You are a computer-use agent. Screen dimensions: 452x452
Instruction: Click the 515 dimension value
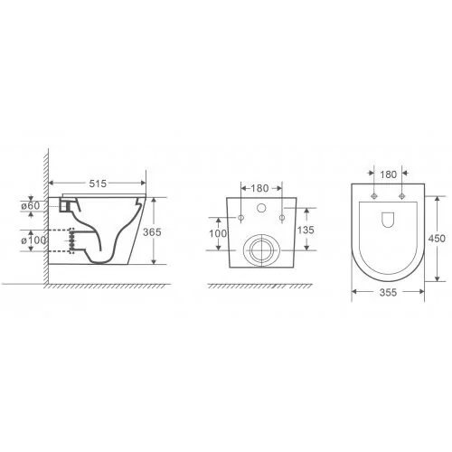98,184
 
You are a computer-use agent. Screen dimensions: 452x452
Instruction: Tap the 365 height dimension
152,232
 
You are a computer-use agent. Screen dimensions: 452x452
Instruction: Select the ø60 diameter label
31,206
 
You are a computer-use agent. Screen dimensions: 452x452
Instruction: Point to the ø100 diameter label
33,240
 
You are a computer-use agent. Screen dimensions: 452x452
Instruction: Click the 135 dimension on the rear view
306,230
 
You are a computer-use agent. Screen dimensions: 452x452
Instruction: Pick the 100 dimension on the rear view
218,233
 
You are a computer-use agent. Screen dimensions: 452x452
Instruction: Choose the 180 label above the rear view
259,188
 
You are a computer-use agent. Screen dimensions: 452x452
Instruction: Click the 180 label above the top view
388,174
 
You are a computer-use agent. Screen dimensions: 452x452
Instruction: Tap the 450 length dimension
437,239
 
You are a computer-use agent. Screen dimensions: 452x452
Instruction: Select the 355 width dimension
388,292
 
